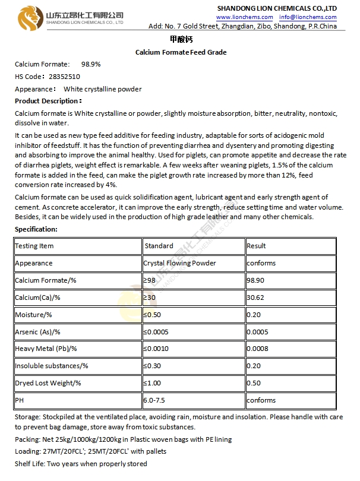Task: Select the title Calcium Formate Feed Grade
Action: click(x=181, y=52)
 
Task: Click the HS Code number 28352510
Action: click(x=64, y=77)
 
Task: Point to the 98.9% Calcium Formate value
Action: click(x=91, y=64)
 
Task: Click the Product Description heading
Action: click(x=48, y=101)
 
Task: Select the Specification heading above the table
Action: click(x=36, y=229)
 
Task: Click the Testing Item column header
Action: click(x=34, y=246)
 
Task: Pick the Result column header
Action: click(x=256, y=246)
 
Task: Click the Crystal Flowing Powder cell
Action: click(x=179, y=263)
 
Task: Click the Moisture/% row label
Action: click(x=33, y=315)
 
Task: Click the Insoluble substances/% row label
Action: click(x=52, y=366)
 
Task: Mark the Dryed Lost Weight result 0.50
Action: click(x=254, y=383)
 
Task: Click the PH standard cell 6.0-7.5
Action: click(x=155, y=400)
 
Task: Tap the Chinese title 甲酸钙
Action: click(x=180, y=39)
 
